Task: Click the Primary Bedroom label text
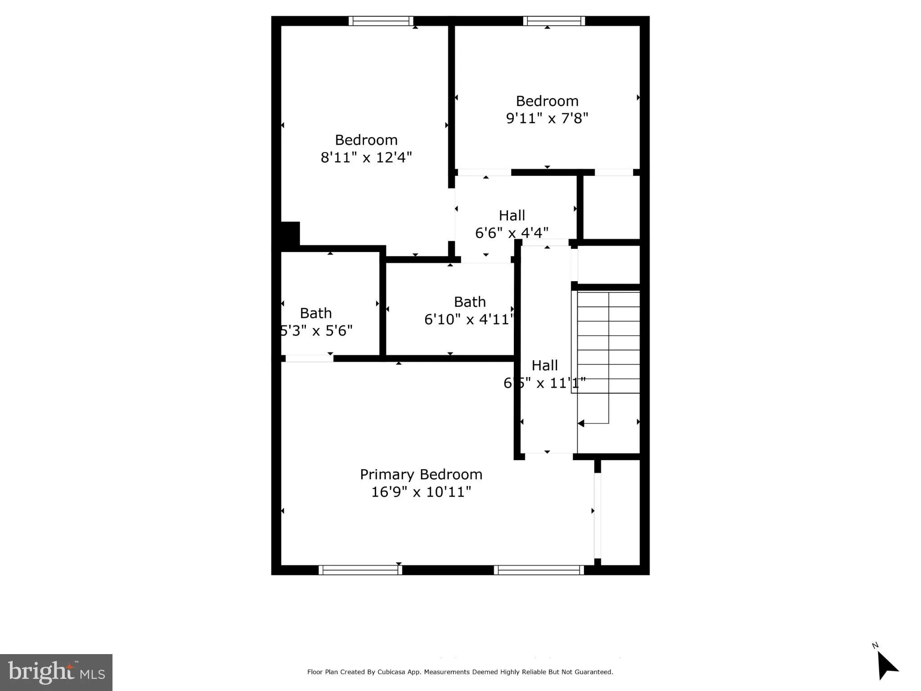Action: click(421, 475)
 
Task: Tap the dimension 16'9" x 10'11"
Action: click(421, 492)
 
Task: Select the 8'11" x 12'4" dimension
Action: click(366, 158)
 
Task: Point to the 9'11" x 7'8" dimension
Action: click(547, 119)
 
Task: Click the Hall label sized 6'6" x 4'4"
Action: click(512, 216)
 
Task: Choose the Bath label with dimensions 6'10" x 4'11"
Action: click(470, 302)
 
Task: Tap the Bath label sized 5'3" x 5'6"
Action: click(316, 314)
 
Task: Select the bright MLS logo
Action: click(56, 672)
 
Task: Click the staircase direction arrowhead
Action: click(581, 423)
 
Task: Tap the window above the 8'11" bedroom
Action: click(381, 21)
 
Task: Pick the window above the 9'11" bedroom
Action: click(554, 21)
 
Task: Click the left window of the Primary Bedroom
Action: click(360, 570)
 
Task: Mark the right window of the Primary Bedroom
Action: click(539, 570)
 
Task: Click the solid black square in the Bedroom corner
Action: click(290, 233)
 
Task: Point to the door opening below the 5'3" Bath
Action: click(309, 359)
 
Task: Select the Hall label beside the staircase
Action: click(544, 366)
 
